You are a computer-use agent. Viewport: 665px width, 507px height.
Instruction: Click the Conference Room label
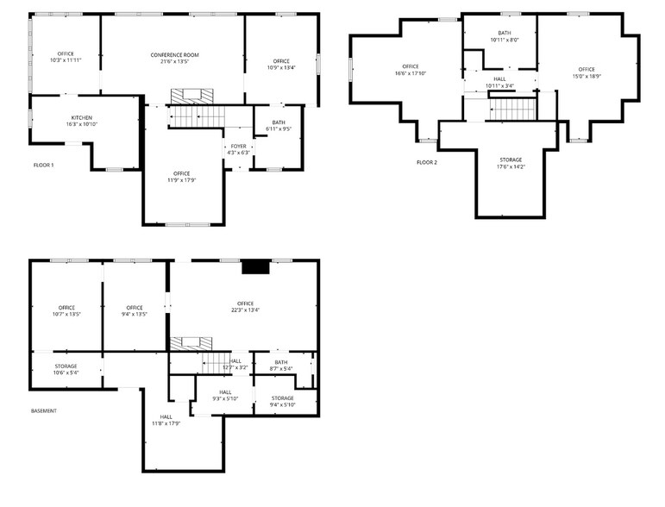point(174,55)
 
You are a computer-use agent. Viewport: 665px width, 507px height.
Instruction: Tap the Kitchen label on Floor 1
point(82,117)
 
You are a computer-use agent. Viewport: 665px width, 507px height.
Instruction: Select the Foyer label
point(239,147)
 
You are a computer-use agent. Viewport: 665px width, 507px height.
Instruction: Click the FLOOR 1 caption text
point(43,165)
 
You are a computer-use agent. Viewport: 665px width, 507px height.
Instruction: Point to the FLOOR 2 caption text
point(426,162)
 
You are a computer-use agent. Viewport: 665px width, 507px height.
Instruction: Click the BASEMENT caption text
point(43,410)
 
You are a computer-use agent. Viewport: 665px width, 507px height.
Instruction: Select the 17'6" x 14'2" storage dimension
point(511,166)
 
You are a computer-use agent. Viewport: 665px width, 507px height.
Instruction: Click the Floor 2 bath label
point(505,33)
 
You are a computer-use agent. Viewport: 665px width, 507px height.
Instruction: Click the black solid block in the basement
point(255,267)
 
